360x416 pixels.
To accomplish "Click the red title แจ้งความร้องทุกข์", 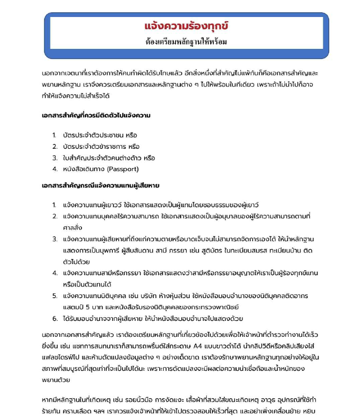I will [x=186, y=26].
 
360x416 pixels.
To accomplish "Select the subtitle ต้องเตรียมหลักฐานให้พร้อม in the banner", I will [x=186, y=41].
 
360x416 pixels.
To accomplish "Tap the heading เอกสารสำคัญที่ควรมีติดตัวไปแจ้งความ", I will [x=96, y=115].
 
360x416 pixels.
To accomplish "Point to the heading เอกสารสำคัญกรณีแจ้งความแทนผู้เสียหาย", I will [x=101, y=185].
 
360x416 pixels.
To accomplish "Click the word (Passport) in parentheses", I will [x=123, y=169].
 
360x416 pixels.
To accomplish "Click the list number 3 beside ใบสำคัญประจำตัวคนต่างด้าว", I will [x=55, y=158].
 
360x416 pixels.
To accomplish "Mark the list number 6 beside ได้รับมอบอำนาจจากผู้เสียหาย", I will [x=55, y=319].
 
